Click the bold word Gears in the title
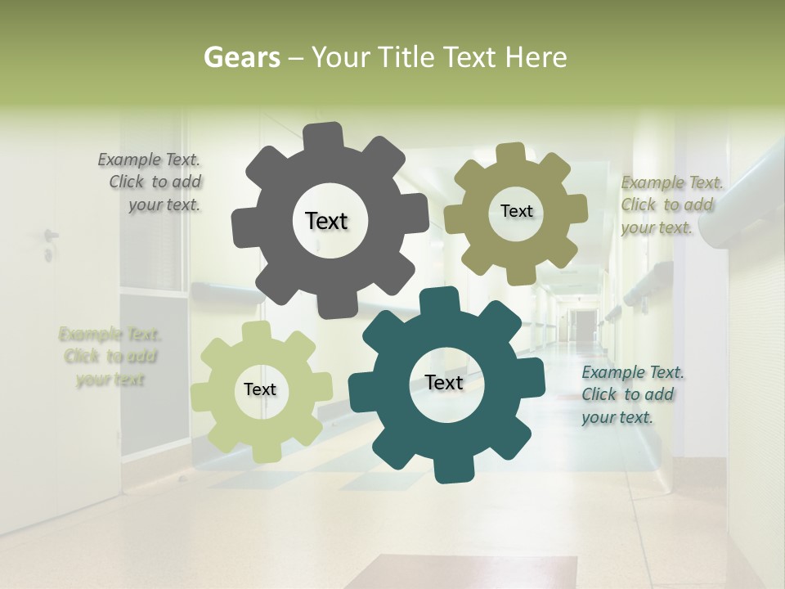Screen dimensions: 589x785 click(x=241, y=57)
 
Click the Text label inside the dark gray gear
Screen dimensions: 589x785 click(x=326, y=221)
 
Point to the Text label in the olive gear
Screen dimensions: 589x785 click(x=516, y=211)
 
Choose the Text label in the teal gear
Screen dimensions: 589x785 click(x=444, y=382)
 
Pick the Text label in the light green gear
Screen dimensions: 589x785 click(x=260, y=389)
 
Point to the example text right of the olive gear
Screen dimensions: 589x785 click(x=671, y=205)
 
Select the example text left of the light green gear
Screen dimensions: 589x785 click(x=110, y=357)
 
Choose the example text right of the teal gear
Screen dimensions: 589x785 click(x=631, y=394)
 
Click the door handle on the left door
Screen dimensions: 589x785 click(x=51, y=237)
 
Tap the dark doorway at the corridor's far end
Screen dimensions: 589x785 click(x=584, y=325)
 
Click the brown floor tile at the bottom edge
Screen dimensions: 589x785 click(x=462, y=572)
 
